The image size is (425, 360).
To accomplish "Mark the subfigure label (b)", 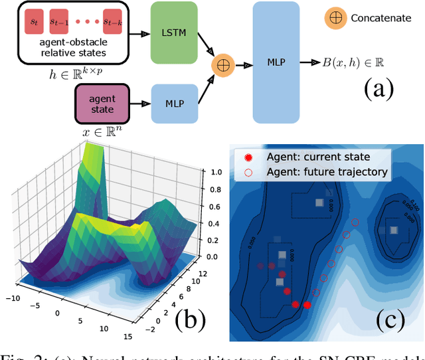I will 189,320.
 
